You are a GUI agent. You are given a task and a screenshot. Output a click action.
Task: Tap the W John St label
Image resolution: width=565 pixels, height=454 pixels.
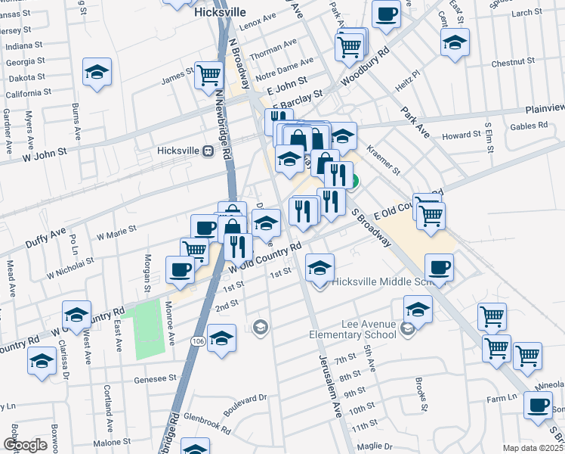45,155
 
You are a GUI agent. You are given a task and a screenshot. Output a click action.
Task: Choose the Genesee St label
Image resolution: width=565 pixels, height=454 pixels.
155,378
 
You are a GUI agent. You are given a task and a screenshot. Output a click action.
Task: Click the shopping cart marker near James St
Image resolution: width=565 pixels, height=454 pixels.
208,75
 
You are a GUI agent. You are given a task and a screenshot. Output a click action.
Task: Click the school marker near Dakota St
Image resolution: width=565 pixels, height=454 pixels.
97,72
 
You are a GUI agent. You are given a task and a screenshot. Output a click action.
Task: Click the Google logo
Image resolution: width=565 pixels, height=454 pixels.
25,445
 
